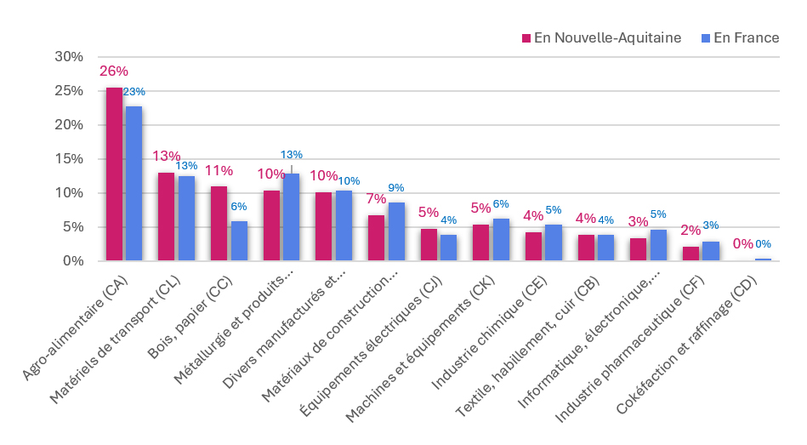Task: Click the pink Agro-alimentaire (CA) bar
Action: tap(114, 174)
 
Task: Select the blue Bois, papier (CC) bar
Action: tap(239, 241)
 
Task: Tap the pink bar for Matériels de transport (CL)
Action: tap(166, 216)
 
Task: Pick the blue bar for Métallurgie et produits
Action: tap(292, 217)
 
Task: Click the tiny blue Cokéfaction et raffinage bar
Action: tap(764, 260)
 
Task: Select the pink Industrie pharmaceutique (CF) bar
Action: tap(690, 254)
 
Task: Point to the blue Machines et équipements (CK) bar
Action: tap(501, 239)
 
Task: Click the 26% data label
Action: tap(114, 71)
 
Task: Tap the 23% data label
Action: tap(134, 92)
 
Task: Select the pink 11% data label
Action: tap(219, 170)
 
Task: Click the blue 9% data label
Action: tap(395, 188)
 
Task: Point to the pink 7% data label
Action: tap(376, 199)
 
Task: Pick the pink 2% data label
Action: tap(690, 231)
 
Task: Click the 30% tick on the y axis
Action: tap(69, 57)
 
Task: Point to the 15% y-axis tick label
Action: tap(69, 159)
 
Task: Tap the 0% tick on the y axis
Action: tap(73, 261)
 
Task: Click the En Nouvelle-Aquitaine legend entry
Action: tap(602, 37)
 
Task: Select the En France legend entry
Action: tap(741, 37)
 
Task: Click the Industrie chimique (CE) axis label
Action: tap(489, 333)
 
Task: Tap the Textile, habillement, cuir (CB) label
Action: tap(527, 346)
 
